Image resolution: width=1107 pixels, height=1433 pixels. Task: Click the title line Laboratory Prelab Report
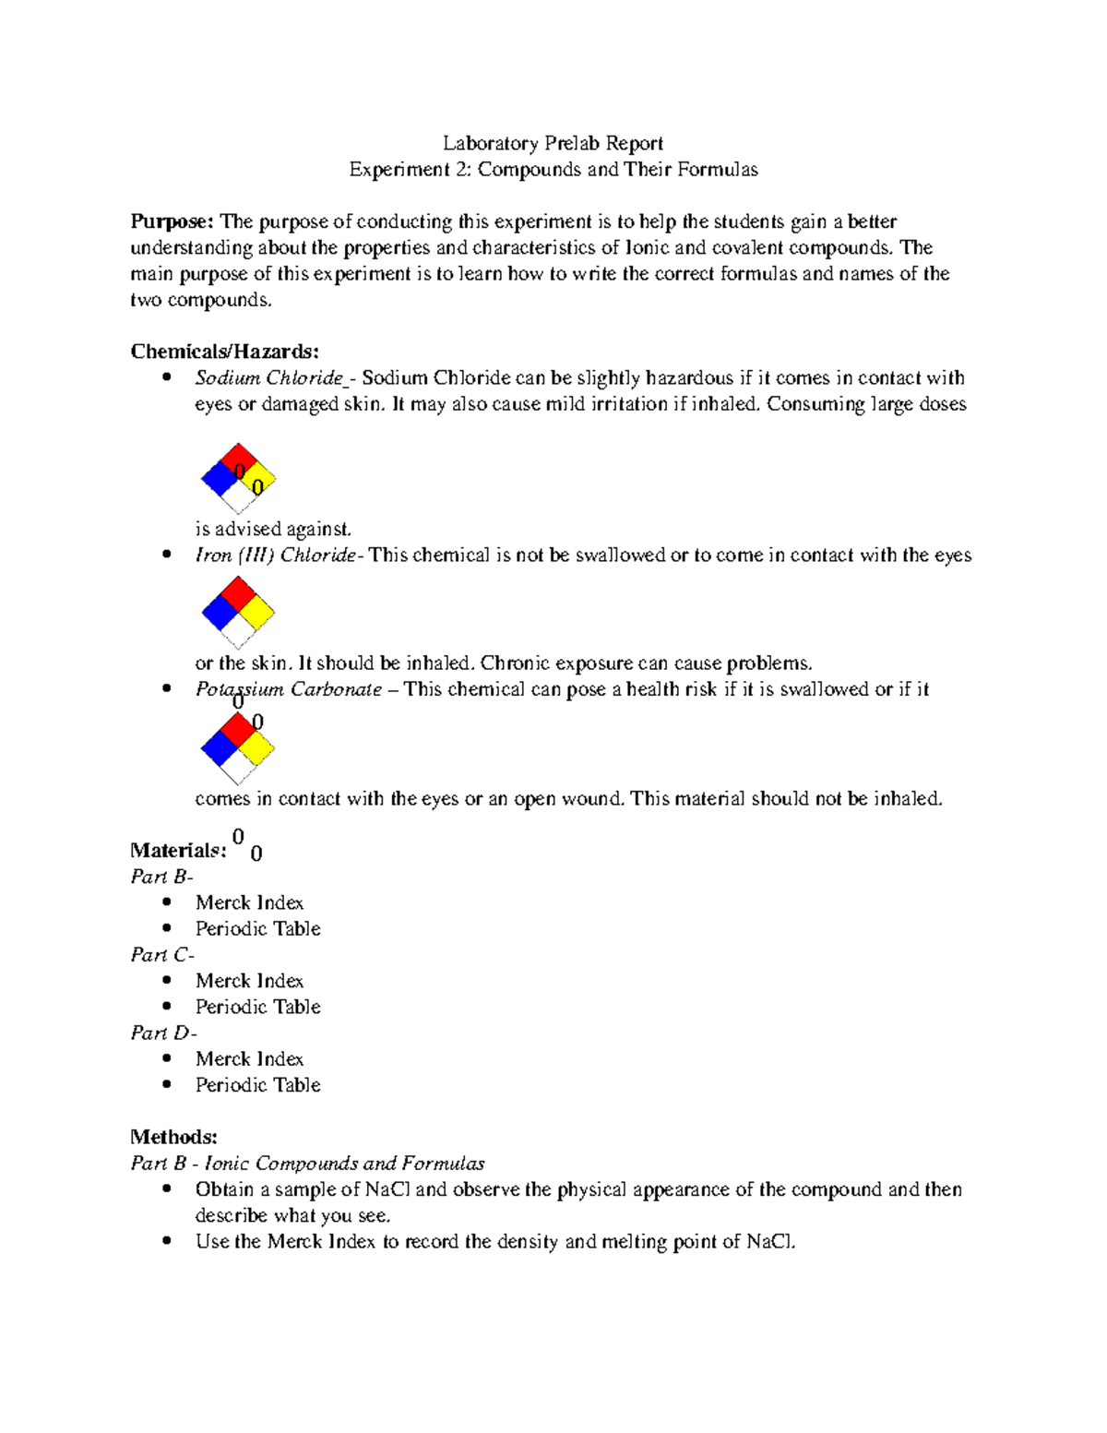(553, 143)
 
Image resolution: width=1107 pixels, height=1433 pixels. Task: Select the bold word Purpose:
(172, 221)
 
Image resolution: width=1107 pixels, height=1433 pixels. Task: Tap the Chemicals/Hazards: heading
(224, 352)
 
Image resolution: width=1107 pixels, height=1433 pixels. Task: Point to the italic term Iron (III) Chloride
(275, 555)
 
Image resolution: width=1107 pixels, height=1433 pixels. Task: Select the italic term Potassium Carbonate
(288, 690)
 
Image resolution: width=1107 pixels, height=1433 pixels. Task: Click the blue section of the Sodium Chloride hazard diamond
(219, 479)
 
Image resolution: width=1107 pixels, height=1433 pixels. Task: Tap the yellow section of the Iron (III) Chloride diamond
(257, 612)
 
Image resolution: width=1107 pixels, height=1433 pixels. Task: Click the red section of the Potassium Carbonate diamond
(238, 729)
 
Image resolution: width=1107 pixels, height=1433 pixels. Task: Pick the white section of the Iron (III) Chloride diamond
(238, 631)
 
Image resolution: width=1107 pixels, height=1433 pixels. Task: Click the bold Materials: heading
(178, 851)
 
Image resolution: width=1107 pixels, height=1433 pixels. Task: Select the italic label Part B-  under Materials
(161, 877)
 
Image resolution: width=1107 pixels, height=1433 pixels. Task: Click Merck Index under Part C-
(249, 981)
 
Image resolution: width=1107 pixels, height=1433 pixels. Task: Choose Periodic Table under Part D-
(257, 1085)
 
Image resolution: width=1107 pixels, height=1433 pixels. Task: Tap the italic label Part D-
(163, 1033)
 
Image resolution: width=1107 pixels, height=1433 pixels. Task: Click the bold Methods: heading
(173, 1137)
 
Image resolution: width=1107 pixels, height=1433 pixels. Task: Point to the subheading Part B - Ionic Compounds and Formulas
(307, 1164)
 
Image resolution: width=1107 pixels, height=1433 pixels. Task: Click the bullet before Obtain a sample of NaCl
(166, 1189)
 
